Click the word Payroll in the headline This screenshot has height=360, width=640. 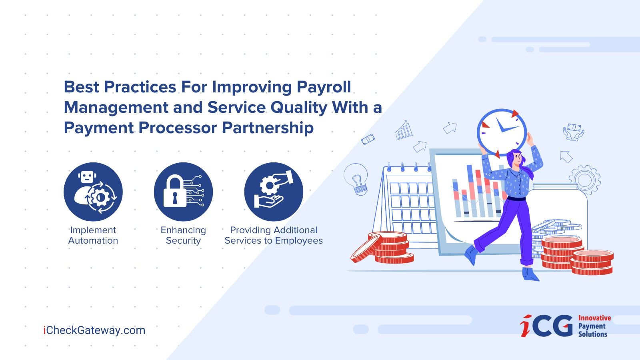pyautogui.click(x=324, y=87)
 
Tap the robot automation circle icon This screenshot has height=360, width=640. pyautogui.click(x=93, y=192)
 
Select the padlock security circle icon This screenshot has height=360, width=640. pyautogui.click(x=184, y=192)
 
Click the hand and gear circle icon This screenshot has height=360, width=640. pyautogui.click(x=274, y=192)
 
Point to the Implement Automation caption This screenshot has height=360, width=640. pyautogui.click(x=93, y=235)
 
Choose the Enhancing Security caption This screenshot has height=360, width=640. pyautogui.click(x=184, y=235)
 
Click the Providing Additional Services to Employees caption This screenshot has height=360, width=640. pyautogui.click(x=274, y=235)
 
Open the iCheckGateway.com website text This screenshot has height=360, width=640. pyautogui.click(x=94, y=330)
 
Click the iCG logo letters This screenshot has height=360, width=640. pyautogui.click(x=546, y=326)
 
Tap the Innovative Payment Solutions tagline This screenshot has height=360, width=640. pyautogui.click(x=594, y=326)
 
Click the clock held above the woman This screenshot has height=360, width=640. pyautogui.click(x=502, y=132)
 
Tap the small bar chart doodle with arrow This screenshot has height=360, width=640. pyautogui.click(x=404, y=130)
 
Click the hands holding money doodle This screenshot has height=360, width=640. pyautogui.click(x=574, y=132)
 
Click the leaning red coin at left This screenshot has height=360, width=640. pyautogui.click(x=367, y=248)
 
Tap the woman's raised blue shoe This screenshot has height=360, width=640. pyautogui.click(x=471, y=254)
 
